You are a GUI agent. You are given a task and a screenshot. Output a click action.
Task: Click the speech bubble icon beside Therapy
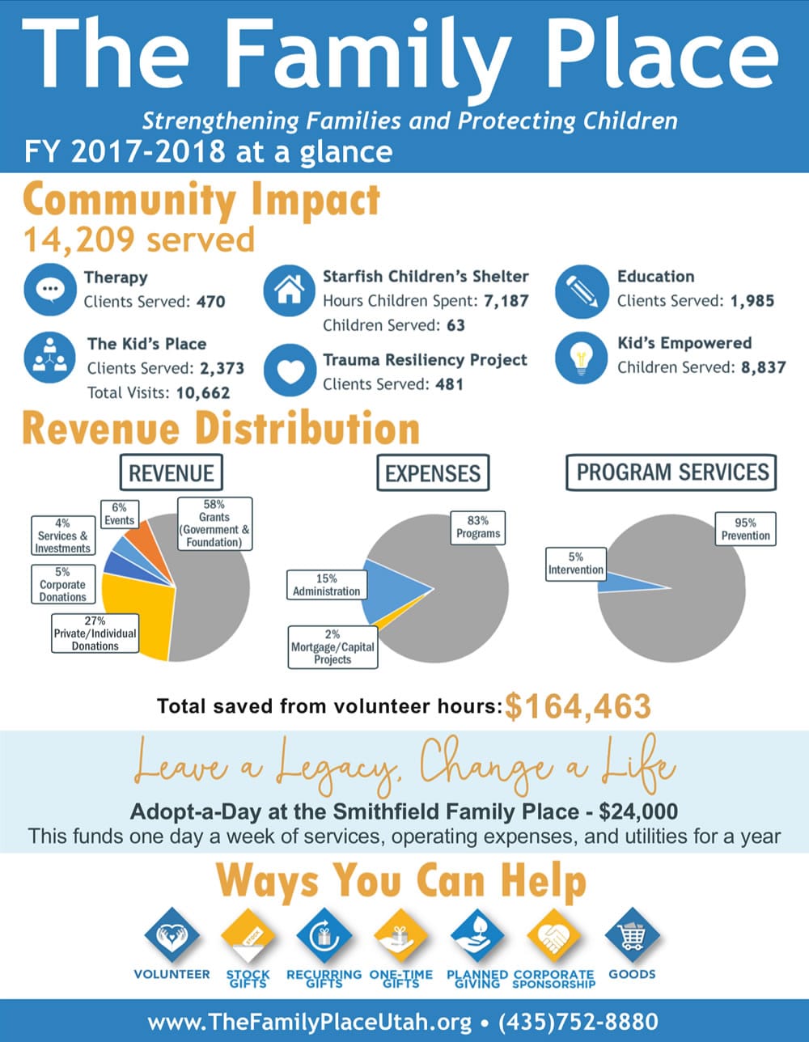(50, 290)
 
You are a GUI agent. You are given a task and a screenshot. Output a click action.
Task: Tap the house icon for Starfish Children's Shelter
(290, 290)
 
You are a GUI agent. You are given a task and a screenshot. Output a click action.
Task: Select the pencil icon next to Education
(582, 290)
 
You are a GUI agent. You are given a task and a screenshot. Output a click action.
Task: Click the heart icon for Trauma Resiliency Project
(290, 371)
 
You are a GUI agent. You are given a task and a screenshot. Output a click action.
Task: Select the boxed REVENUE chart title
(171, 472)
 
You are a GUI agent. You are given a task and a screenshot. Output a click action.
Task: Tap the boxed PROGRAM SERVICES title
(671, 472)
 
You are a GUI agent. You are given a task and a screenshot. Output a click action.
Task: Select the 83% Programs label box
(477, 527)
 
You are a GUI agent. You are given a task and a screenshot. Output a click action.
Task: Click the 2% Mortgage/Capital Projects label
(332, 647)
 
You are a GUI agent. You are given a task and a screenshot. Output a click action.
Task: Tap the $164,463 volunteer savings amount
(578, 706)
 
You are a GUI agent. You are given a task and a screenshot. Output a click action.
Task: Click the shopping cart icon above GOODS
(632, 936)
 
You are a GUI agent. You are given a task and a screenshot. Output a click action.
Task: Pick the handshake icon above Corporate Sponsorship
(553, 936)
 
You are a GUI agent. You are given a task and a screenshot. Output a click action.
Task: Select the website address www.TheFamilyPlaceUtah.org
(310, 1022)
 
